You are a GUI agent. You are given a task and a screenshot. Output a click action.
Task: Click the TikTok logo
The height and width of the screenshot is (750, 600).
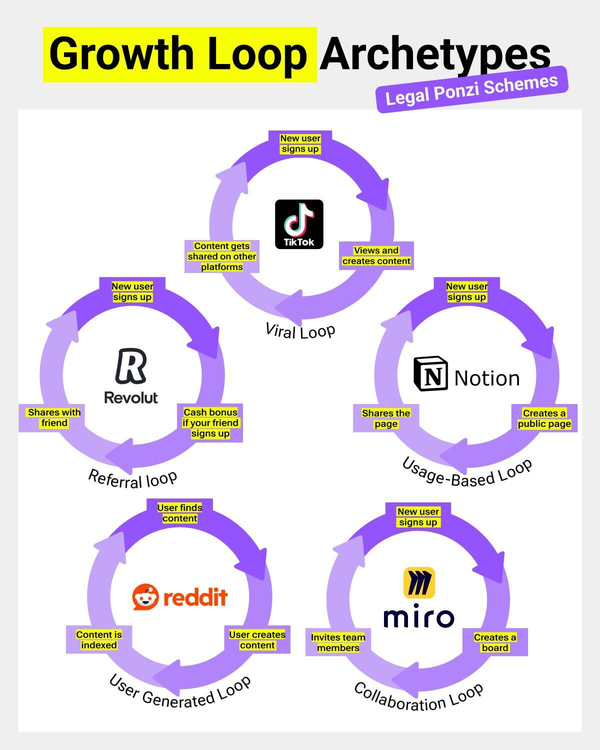[299, 224]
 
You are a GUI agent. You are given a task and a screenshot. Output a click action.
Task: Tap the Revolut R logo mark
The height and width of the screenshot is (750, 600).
[130, 367]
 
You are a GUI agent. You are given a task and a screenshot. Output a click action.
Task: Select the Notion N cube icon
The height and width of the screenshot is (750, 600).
[430, 374]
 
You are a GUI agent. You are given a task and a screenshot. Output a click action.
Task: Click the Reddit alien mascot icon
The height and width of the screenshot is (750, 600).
[145, 596]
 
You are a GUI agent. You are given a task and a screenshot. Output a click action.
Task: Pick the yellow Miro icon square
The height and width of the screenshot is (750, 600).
[419, 583]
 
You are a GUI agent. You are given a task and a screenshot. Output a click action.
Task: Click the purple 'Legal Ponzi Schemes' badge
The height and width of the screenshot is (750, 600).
[471, 89]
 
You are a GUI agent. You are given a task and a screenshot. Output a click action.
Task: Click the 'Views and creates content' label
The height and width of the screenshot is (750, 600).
[376, 256]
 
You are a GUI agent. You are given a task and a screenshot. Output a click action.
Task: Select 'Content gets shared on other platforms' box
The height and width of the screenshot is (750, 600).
[222, 256]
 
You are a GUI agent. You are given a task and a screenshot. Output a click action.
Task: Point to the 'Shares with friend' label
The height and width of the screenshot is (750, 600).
[54, 417]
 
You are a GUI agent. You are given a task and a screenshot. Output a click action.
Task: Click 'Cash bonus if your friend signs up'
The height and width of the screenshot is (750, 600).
[210, 423]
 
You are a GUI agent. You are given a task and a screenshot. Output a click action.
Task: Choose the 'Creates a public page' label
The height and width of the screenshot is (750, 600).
[544, 418]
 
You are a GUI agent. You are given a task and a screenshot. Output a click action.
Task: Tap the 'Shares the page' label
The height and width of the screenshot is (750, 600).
[386, 418]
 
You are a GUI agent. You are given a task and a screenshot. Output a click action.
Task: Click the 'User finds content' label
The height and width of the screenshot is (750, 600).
[179, 513]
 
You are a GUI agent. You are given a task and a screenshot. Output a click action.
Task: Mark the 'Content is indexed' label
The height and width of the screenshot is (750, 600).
[99, 639]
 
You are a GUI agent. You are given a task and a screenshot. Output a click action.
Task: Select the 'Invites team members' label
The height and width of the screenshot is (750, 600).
[338, 642]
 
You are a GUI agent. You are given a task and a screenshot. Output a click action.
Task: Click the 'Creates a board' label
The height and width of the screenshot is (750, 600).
[495, 642]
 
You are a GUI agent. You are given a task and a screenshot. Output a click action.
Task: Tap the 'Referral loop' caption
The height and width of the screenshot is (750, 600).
[132, 478]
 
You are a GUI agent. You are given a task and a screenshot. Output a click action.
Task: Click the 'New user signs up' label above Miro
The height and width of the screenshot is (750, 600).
[418, 517]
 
